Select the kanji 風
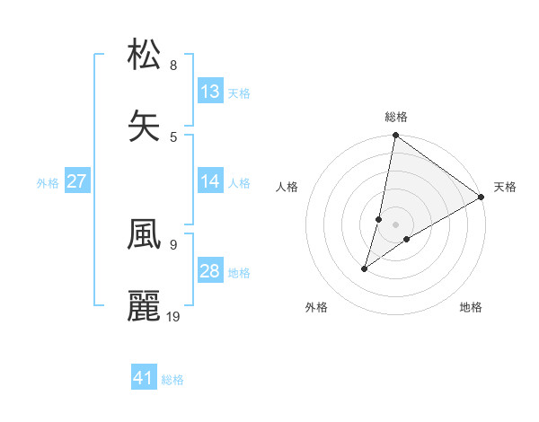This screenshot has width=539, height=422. (x=145, y=233)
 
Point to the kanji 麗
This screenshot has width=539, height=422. (x=145, y=305)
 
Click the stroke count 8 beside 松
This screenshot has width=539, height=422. (x=172, y=65)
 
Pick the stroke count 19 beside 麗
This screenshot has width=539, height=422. (x=174, y=316)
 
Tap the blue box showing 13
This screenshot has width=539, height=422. (x=210, y=92)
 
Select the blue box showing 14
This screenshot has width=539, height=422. (x=210, y=181)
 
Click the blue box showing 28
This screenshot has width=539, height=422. (x=210, y=271)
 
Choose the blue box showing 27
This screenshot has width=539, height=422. (x=77, y=181)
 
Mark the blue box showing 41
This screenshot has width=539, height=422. (x=144, y=378)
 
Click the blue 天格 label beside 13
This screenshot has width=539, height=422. (x=239, y=92)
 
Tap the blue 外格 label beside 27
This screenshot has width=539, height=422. (x=48, y=182)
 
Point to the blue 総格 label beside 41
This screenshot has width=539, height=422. (x=172, y=380)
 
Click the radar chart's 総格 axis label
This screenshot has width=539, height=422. (x=395, y=117)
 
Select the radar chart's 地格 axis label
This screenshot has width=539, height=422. (x=471, y=308)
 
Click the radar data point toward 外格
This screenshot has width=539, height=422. (x=365, y=268)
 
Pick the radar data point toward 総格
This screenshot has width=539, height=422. (x=395, y=136)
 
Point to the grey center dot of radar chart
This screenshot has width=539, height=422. (x=396, y=224)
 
